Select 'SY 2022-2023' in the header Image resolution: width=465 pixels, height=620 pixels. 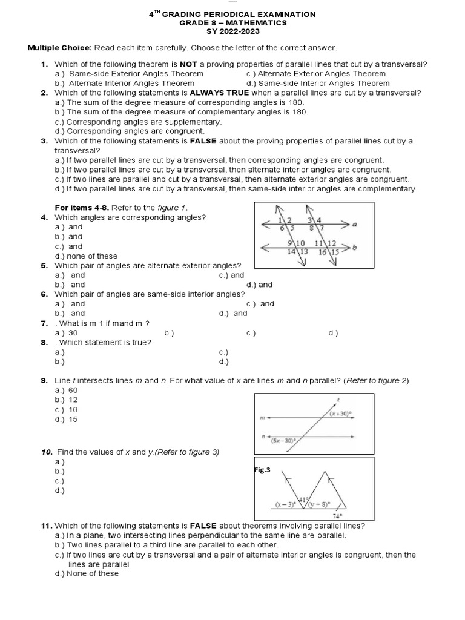[232, 31]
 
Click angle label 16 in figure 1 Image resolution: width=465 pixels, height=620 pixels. [323, 252]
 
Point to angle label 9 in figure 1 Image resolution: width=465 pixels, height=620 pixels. [291, 243]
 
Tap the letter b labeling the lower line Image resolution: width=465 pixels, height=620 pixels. [355, 248]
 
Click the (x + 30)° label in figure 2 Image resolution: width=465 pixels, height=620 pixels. [341, 414]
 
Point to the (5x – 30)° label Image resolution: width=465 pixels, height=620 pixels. [283, 441]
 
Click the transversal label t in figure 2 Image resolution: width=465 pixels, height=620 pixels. [337, 400]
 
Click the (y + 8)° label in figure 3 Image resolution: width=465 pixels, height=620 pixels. [318, 504]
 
